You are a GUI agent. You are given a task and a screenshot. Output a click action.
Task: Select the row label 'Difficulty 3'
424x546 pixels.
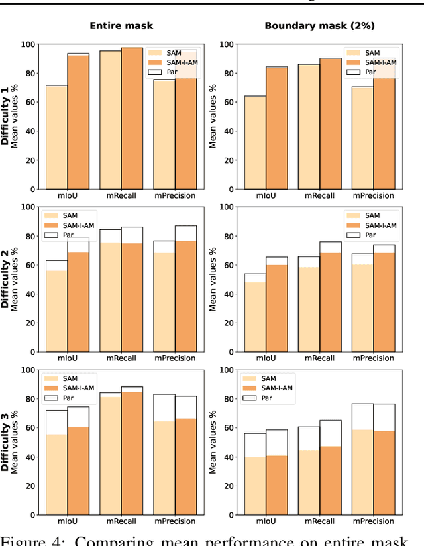pos(5,442)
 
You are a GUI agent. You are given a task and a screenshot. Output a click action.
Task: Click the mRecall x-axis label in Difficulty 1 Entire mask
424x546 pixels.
pos(121,196)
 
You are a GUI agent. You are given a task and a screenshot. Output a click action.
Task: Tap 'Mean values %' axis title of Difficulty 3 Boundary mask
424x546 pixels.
pos(213,442)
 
